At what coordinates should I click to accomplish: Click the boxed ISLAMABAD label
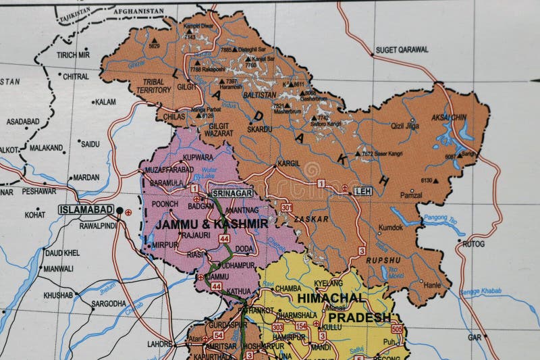click(86, 209)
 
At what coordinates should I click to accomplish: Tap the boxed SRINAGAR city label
click(232, 193)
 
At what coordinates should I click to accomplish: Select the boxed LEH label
click(362, 191)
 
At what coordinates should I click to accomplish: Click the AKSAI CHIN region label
click(449, 118)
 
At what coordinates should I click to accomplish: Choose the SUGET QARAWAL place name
click(402, 49)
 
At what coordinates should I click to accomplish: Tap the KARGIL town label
click(289, 163)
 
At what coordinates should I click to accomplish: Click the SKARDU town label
click(260, 128)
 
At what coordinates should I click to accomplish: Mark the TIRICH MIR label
click(73, 55)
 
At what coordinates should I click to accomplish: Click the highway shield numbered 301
click(287, 207)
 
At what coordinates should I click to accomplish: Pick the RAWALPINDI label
click(88, 226)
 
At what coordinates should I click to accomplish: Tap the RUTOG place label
click(473, 243)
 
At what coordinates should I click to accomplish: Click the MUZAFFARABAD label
click(169, 170)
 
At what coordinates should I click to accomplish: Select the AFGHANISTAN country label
click(138, 11)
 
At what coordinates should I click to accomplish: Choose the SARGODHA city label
click(108, 303)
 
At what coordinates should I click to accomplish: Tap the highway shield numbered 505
click(396, 329)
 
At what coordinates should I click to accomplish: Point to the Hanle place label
click(432, 285)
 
